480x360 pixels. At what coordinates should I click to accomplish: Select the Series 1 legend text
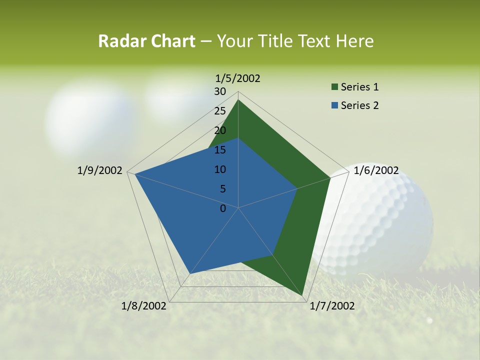coord(359,87)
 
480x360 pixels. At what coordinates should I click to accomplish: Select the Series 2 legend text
coord(359,105)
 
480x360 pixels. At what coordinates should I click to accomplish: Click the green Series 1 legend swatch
coord(334,87)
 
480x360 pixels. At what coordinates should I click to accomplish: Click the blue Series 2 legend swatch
coord(334,106)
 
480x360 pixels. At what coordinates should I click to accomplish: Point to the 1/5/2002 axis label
coord(238,78)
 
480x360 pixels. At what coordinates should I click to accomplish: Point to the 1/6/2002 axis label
coord(376,170)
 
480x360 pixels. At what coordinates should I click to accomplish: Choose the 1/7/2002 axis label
coord(332,306)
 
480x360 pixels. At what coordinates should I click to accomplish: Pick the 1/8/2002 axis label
coord(144,306)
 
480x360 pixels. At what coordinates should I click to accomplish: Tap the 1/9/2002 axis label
coord(100,170)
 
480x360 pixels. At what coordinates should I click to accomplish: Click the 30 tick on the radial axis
coord(220,91)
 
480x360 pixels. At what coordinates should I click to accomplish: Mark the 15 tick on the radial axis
coord(220,150)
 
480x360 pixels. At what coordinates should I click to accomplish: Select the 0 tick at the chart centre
coord(223,208)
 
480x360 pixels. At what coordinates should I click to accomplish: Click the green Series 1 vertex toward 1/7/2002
coord(302,296)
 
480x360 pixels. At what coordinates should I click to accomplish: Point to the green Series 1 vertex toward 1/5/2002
coord(238,100)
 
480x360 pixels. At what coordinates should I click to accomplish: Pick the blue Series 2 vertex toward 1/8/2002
coord(190,273)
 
